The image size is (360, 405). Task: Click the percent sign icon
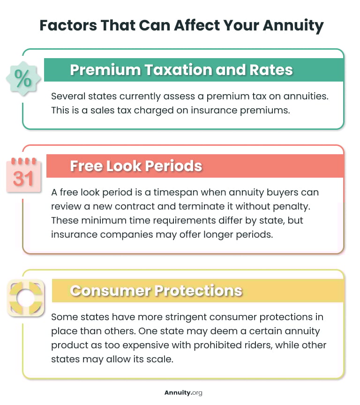(x=22, y=79)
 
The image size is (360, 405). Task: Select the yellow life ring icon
(x=26, y=298)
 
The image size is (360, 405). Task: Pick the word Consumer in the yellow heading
(x=111, y=290)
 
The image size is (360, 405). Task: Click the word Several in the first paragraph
(x=69, y=96)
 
